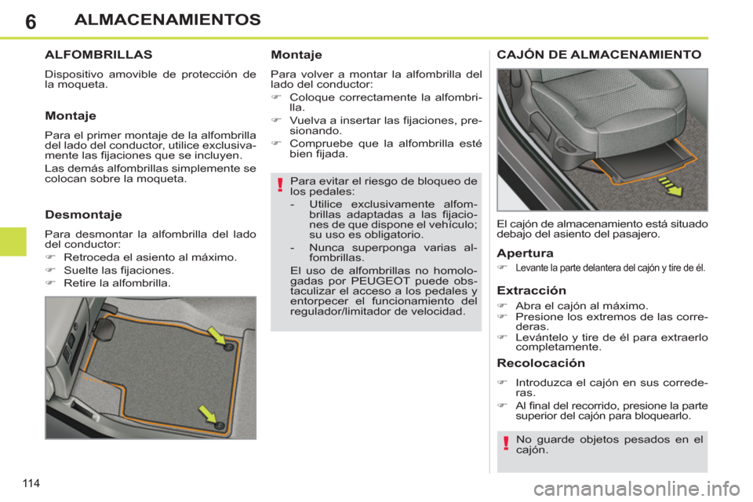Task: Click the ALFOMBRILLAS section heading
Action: point(99,56)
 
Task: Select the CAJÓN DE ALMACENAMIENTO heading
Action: point(599,56)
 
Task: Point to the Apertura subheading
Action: point(526,254)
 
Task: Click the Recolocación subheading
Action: point(541,363)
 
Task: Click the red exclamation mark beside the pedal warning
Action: point(279,185)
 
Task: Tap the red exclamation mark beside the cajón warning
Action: point(506,446)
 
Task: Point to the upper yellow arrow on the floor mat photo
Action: point(216,336)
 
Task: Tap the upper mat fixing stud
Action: point(228,347)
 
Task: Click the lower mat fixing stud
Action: point(220,425)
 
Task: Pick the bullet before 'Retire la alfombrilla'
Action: point(49,282)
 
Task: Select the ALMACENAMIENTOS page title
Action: point(167,19)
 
